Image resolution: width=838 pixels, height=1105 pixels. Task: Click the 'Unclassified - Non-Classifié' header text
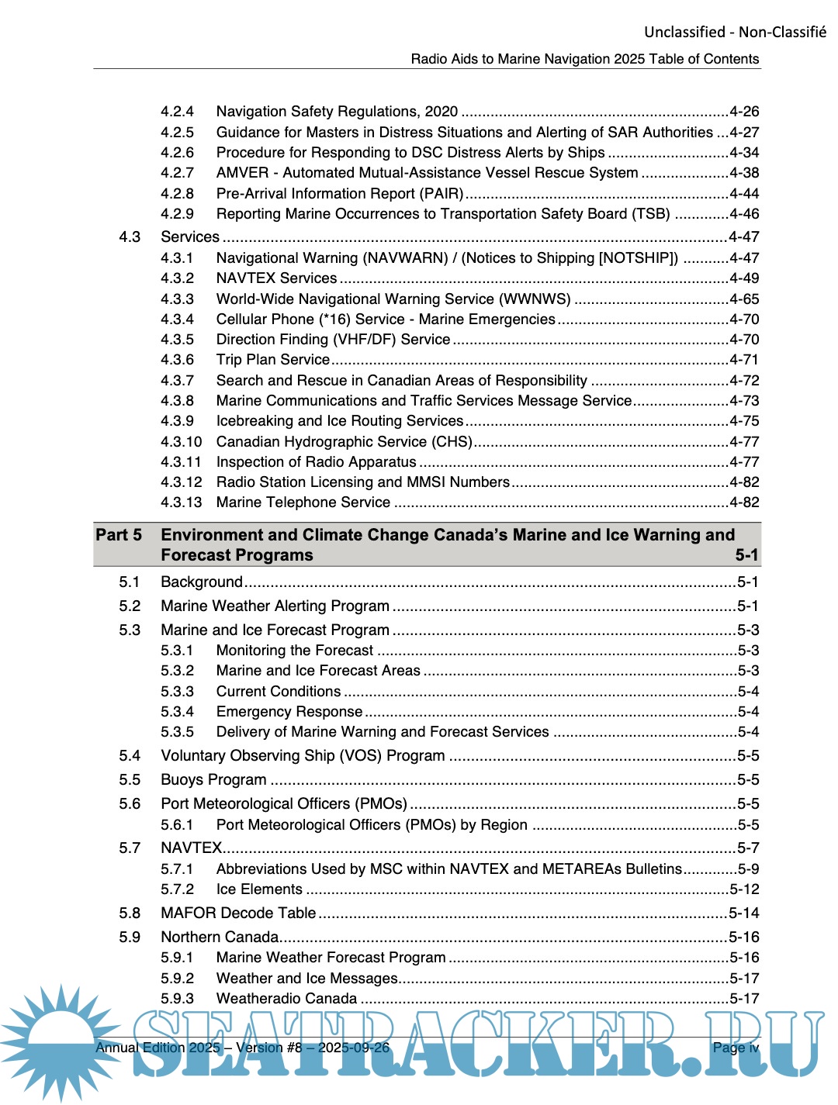click(x=734, y=32)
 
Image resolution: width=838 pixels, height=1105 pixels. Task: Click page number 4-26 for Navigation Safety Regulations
click(x=744, y=112)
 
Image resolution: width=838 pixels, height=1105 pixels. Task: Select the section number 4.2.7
click(x=177, y=173)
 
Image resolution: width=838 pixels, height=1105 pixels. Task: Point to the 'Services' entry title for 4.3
click(x=190, y=237)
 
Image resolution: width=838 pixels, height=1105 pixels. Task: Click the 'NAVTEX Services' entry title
click(x=276, y=278)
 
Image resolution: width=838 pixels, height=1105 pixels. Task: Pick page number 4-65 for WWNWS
click(x=744, y=299)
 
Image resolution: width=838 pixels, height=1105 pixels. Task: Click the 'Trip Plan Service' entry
click(x=273, y=360)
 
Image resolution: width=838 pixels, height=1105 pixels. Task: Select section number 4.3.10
click(x=181, y=442)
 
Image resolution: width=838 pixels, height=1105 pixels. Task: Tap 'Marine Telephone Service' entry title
click(x=303, y=502)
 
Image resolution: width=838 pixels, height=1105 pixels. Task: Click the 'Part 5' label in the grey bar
click(x=119, y=535)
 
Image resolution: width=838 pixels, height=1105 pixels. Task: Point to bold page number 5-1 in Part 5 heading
click(x=746, y=555)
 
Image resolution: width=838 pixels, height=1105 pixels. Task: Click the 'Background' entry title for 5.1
click(x=202, y=582)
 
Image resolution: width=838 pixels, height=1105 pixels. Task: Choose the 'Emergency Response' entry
click(x=289, y=712)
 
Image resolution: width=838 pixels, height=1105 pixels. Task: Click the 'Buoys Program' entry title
click(x=213, y=780)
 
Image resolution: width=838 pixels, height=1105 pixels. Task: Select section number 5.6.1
click(x=177, y=825)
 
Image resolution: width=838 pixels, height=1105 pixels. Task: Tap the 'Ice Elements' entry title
click(x=259, y=889)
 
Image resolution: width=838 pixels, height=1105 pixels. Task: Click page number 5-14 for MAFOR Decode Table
click(x=743, y=913)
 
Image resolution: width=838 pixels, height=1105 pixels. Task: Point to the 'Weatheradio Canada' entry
click(x=286, y=999)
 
